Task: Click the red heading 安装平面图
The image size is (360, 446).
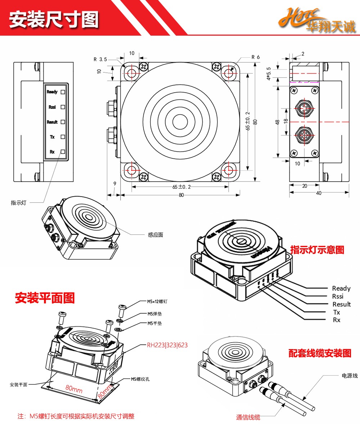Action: pyautogui.click(x=45, y=298)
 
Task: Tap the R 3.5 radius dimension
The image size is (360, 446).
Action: pyautogui.click(x=100, y=59)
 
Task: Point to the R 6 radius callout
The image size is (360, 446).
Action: pyautogui.click(x=256, y=57)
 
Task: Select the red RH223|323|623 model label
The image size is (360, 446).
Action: pyautogui.click(x=167, y=345)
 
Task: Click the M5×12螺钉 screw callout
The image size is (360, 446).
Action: pyautogui.click(x=157, y=302)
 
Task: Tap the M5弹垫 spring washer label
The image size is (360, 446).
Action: pyautogui.click(x=154, y=314)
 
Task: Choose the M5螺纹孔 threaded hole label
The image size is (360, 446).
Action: pyautogui.click(x=140, y=379)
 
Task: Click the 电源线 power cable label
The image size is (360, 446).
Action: pyautogui.click(x=350, y=376)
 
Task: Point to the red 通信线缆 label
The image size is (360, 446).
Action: pyautogui.click(x=248, y=417)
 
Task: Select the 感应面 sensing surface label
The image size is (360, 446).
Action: pyautogui.click(x=156, y=235)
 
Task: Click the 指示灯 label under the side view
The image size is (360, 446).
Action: pyautogui.click(x=19, y=203)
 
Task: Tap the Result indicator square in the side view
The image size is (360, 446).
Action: pyautogui.click(x=63, y=122)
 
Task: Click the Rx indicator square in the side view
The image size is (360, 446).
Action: pyautogui.click(x=63, y=152)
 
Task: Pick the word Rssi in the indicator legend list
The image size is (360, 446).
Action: pyautogui.click(x=338, y=296)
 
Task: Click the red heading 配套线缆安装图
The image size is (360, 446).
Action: pyautogui.click(x=320, y=353)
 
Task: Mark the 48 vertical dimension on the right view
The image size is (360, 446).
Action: pyautogui.click(x=278, y=122)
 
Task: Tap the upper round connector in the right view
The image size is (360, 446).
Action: pyautogui.click(x=304, y=107)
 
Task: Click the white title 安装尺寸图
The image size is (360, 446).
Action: pyautogui.click(x=54, y=19)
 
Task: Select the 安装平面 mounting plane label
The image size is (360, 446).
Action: pyautogui.click(x=18, y=385)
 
